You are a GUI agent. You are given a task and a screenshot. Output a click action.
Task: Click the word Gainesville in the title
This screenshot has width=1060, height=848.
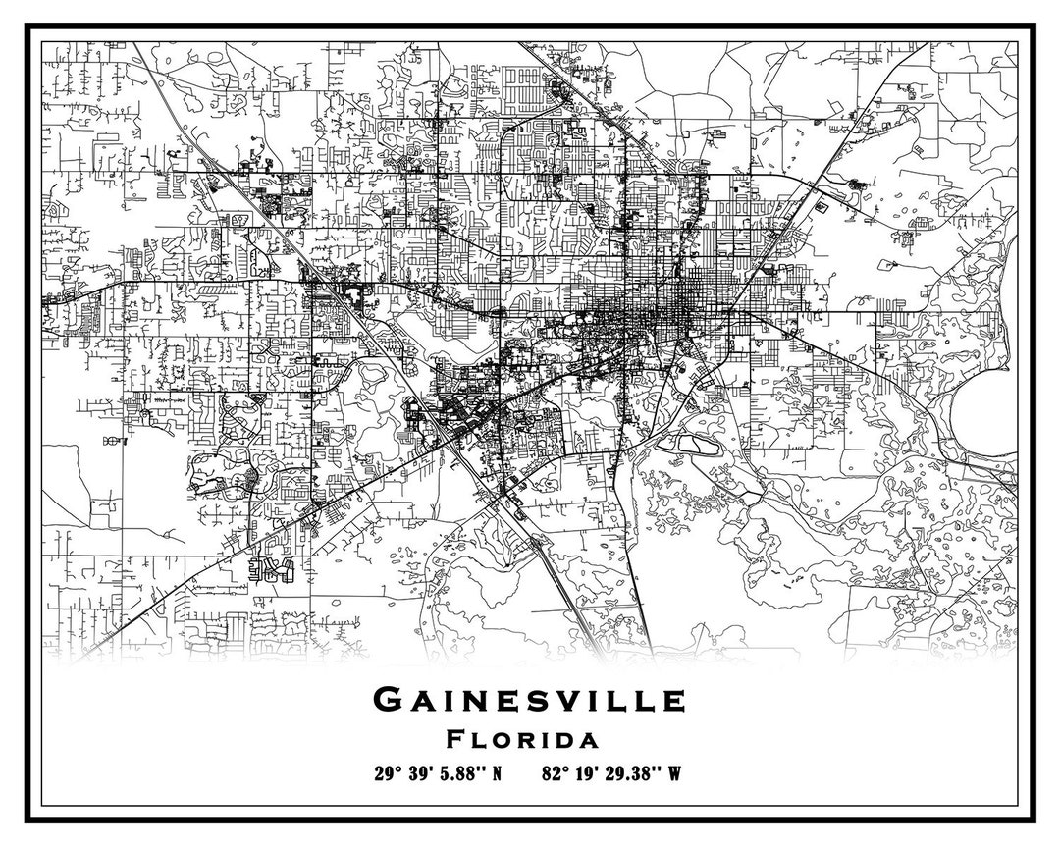point(529,700)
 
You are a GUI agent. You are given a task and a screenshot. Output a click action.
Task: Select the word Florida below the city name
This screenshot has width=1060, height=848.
point(522,738)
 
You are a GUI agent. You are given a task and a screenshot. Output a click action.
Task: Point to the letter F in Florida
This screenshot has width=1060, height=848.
point(454,738)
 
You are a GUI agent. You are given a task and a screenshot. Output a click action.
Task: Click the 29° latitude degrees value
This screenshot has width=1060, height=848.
point(386,772)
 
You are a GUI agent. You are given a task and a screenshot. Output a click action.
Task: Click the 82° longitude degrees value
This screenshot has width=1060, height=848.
point(554,772)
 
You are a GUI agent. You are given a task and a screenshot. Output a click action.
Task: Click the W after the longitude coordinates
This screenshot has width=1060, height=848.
point(674,772)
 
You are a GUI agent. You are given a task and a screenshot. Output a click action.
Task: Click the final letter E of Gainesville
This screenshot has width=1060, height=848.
point(673,701)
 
